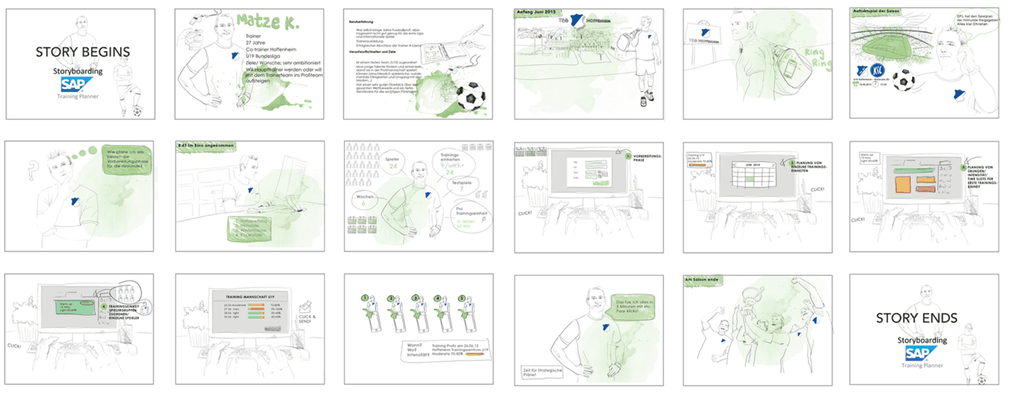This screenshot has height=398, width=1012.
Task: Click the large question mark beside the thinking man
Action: point(32,170)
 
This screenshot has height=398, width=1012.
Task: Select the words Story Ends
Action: point(917,318)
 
